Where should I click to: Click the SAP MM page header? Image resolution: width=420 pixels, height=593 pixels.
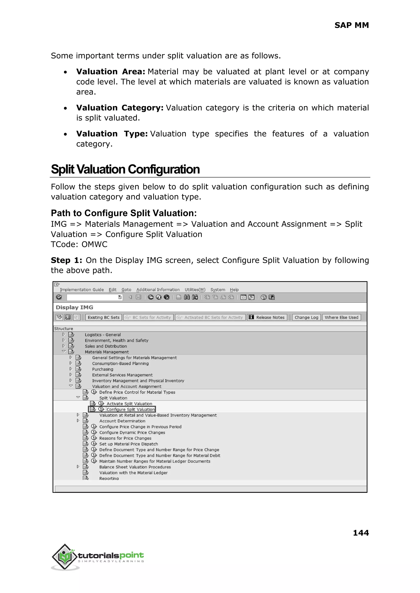[x=351, y=25]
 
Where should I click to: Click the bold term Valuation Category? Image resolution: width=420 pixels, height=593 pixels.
[x=120, y=108]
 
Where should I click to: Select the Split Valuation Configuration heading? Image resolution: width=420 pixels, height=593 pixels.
[x=125, y=169]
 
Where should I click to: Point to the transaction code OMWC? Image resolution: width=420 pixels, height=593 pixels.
[x=94, y=244]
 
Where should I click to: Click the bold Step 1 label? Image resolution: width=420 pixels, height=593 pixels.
[x=66, y=260]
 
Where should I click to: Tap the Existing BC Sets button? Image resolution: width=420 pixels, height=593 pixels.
[x=103, y=317]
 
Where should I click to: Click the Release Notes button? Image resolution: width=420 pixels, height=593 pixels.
[x=267, y=317]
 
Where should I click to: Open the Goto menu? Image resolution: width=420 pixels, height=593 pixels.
[x=126, y=290]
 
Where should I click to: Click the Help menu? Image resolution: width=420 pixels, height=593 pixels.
[x=234, y=290]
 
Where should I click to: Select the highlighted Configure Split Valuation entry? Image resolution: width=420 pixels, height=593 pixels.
[x=130, y=409]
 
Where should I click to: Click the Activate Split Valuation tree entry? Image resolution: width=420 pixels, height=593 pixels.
[x=129, y=404]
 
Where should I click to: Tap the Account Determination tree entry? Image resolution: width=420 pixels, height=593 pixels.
[x=122, y=421]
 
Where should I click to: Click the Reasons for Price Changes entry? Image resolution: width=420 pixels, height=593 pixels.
[x=125, y=438]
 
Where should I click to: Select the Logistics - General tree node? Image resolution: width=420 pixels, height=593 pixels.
[x=103, y=335]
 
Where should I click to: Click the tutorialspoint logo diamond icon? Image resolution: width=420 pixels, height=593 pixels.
[x=65, y=557]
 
